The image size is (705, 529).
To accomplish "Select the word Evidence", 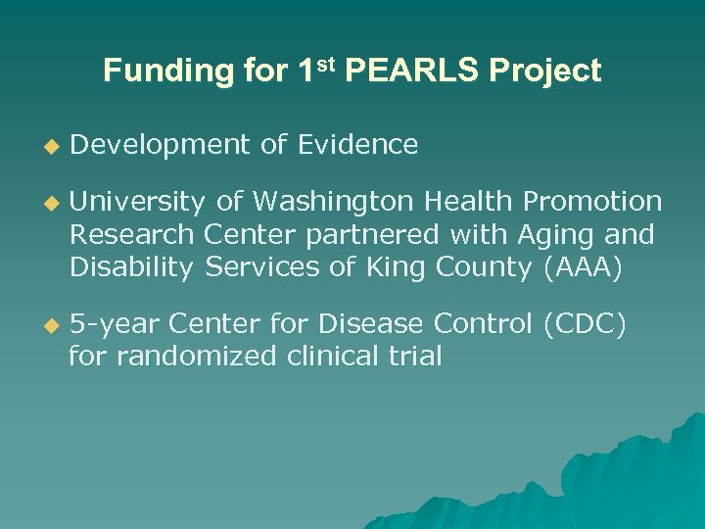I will (357, 145).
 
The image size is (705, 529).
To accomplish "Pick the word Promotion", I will (592, 202).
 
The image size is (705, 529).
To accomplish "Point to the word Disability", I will (132, 268).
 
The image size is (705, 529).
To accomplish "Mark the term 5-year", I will (113, 325).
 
